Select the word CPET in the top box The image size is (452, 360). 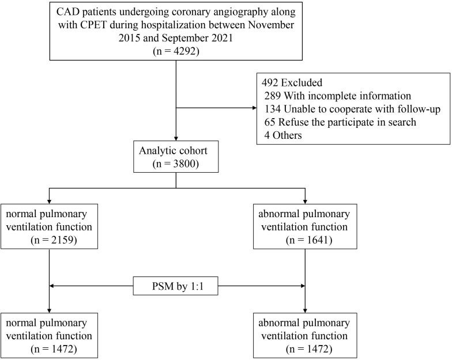[x=93, y=25]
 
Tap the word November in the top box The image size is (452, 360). [x=271, y=25]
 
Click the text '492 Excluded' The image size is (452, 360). [x=292, y=83]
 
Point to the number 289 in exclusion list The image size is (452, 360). [x=272, y=96]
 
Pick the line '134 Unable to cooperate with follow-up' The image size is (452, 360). [x=352, y=109]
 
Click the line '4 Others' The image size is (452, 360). [x=283, y=135]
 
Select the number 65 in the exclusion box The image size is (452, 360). [x=270, y=122]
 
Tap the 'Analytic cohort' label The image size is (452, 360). [x=173, y=151]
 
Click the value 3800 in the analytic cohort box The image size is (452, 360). [x=184, y=164]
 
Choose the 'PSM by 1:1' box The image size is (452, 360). [x=175, y=286]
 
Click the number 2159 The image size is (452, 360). [x=63, y=240]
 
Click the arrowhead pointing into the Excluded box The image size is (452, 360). [x=254, y=108]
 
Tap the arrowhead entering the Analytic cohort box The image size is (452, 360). [x=176, y=138]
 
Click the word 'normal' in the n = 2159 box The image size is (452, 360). [x=20, y=214]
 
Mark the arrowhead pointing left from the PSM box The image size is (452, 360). [x=52, y=286]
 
